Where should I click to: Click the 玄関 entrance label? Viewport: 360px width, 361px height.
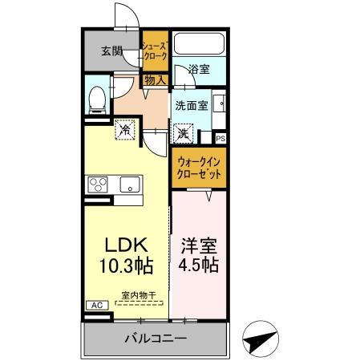click(x=112, y=52)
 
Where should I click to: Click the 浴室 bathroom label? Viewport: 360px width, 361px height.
click(x=199, y=70)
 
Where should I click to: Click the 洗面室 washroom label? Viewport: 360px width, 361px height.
click(x=192, y=104)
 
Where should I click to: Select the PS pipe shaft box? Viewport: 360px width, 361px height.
click(x=220, y=139)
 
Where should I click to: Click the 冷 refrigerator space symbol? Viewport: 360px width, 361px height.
click(x=125, y=128)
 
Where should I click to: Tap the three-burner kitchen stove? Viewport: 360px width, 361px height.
click(x=98, y=185)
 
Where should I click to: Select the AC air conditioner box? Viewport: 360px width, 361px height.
click(x=94, y=306)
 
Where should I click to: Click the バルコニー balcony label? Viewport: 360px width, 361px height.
click(x=155, y=339)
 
